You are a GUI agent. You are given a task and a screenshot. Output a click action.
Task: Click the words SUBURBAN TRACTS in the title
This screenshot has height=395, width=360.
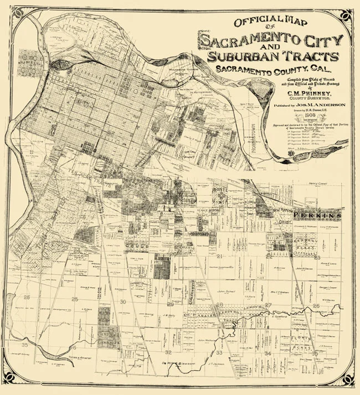(272, 56)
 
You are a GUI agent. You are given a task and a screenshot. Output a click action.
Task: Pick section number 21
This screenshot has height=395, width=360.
(219, 256)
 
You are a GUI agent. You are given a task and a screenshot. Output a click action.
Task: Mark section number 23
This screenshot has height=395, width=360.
(317, 257)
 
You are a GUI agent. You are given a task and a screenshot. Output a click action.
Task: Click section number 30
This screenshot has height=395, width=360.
(123, 302)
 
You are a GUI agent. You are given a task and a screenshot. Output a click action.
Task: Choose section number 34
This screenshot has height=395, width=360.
(268, 352)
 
